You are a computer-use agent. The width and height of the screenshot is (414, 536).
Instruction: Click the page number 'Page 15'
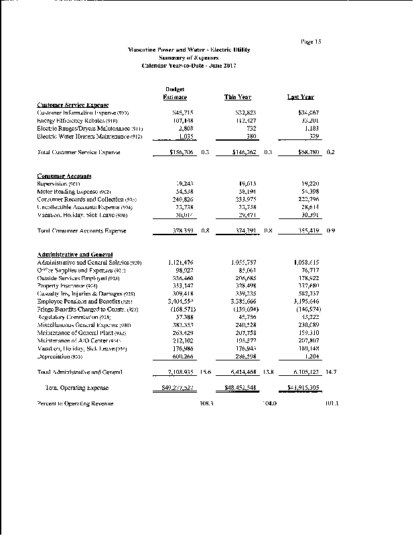[x=312, y=42]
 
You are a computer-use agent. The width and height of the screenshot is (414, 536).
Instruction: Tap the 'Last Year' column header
[x=301, y=98]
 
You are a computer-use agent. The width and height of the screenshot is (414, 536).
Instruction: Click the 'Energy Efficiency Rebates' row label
[x=76, y=121]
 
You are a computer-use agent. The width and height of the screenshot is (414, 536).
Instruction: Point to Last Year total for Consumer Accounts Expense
[x=305, y=231]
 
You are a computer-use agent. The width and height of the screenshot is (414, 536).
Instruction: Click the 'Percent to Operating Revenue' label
[x=75, y=403]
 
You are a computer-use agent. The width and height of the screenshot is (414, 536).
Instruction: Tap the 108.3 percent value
[x=206, y=404]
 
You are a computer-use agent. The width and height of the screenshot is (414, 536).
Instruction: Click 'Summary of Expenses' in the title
[x=204, y=58]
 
